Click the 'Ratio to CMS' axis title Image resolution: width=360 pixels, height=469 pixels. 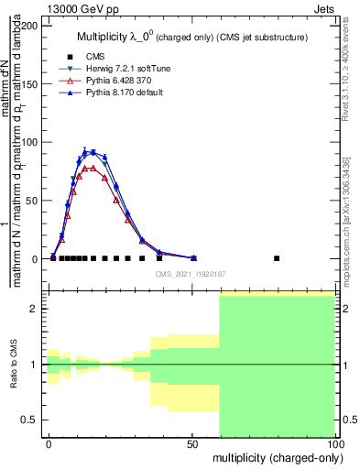[14, 365]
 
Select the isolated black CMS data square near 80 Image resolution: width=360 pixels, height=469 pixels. [277, 258]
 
